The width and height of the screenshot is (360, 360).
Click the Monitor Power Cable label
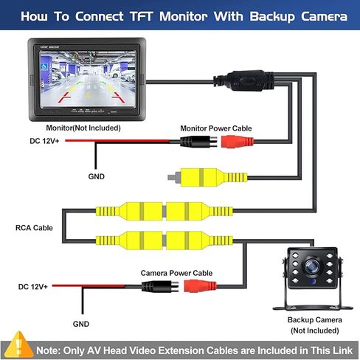[x=216, y=128]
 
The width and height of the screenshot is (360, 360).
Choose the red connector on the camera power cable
[x=201, y=286]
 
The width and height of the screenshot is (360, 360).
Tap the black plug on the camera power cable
[x=158, y=286]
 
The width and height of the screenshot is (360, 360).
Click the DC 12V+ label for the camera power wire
[x=34, y=286]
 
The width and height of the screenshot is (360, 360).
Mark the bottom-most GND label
[x=80, y=323]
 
